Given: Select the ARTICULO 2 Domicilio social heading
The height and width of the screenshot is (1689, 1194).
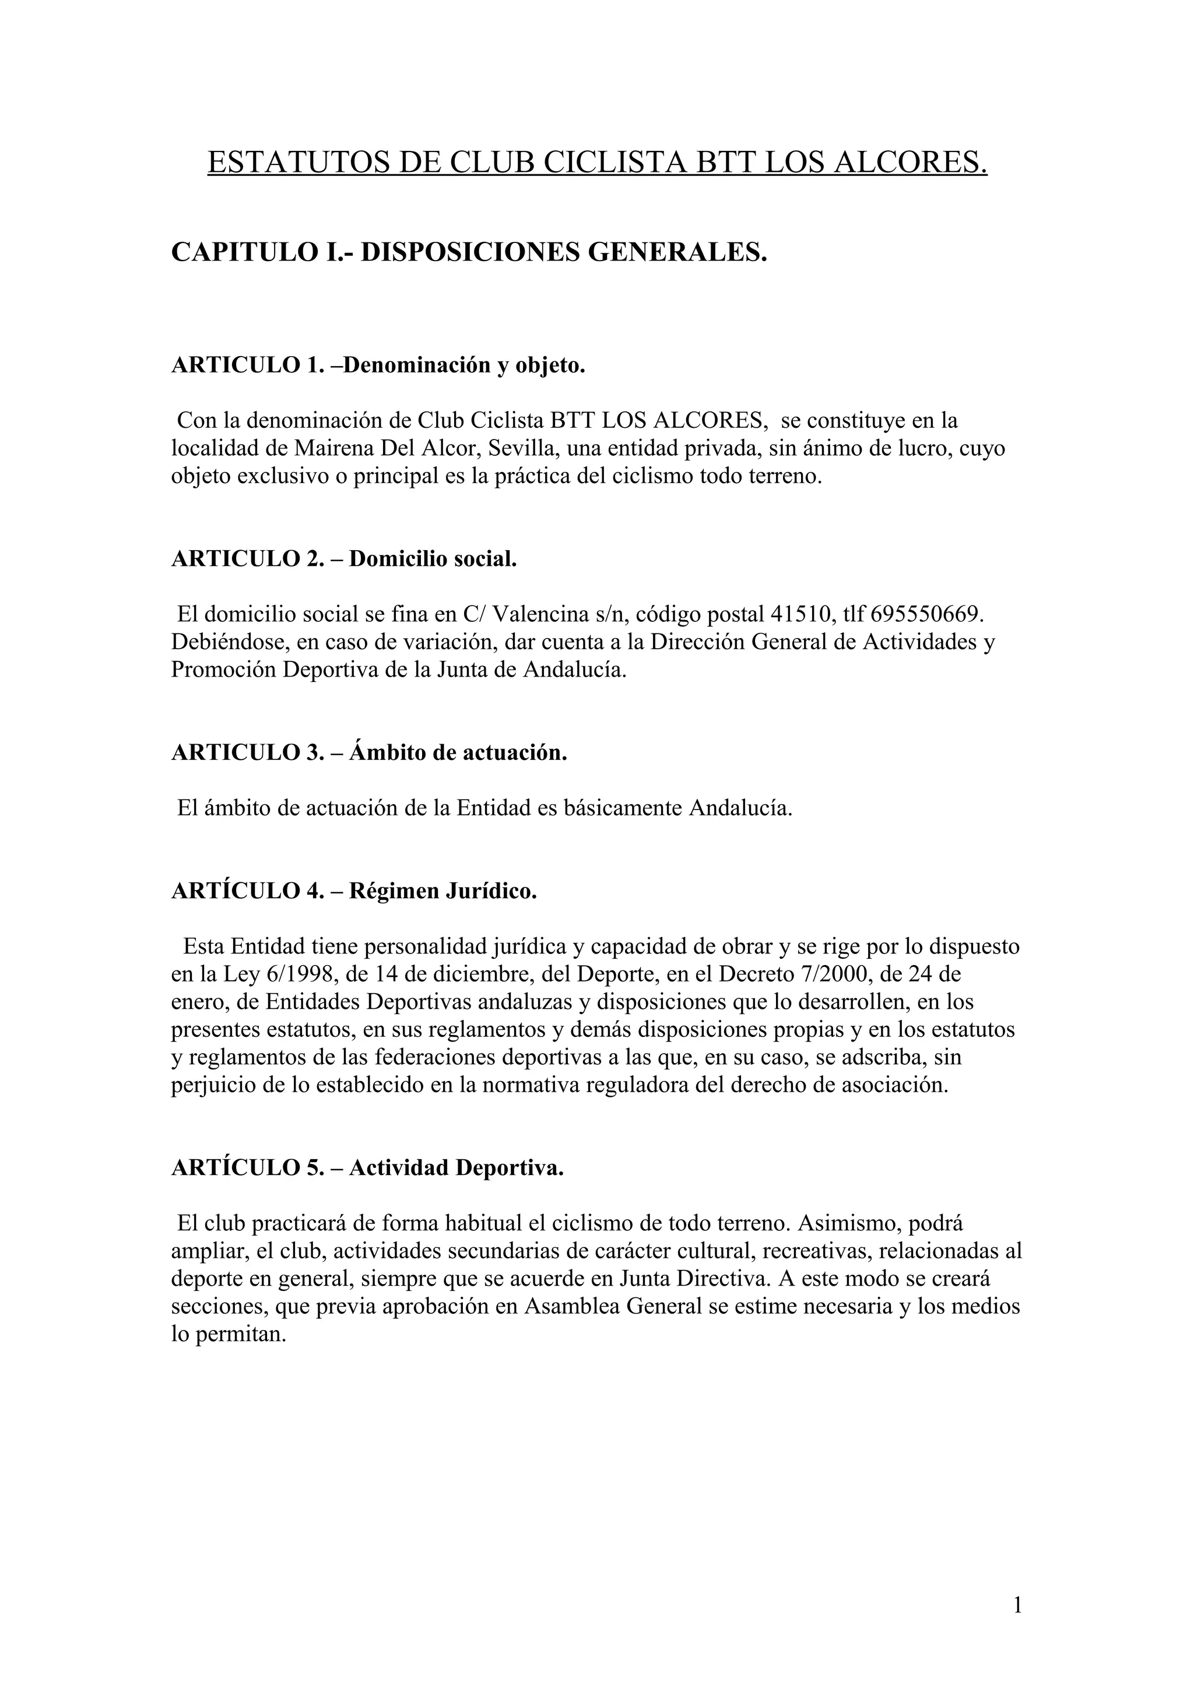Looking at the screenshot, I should (345, 558).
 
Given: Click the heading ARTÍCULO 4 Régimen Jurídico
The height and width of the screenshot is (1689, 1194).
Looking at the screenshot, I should (354, 891).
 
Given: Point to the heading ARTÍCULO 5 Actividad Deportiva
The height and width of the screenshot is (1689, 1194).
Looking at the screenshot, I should (367, 1167).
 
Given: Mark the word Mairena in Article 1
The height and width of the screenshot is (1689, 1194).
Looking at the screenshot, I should (335, 449).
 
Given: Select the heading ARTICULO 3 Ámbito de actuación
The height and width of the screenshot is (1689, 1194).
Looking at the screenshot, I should (369, 752).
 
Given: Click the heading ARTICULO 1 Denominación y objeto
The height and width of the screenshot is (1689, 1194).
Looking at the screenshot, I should (378, 365).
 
